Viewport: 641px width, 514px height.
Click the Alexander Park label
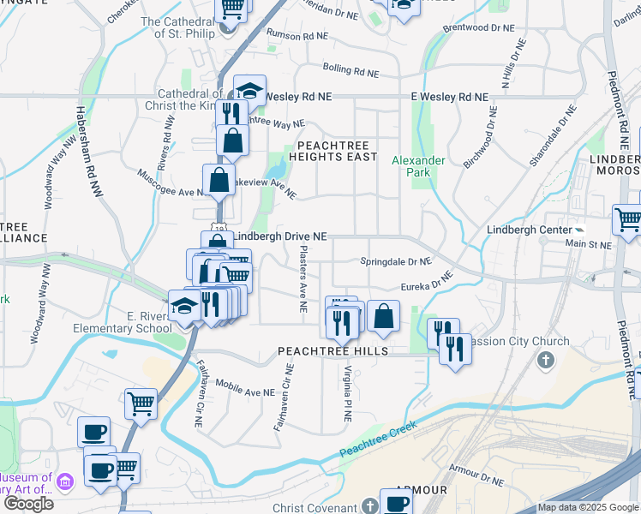[x=418, y=166]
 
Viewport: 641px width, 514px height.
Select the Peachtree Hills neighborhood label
[x=332, y=351]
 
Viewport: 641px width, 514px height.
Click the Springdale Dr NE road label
[x=395, y=261]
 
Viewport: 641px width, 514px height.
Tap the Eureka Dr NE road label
[x=426, y=284]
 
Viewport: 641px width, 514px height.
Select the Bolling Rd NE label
[x=350, y=68]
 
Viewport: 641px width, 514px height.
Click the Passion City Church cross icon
[x=546, y=359]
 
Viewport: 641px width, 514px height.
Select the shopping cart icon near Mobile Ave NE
[x=141, y=402]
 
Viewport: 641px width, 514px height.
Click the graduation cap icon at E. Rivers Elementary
[x=184, y=305]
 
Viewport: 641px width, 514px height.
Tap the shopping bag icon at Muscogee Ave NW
[x=219, y=180]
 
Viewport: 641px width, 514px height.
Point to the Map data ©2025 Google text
[x=588, y=507]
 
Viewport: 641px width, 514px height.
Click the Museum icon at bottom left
[x=65, y=483]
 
